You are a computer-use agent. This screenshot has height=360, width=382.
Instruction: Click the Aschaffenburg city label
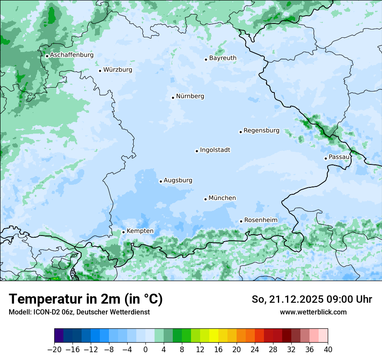click(x=72, y=55)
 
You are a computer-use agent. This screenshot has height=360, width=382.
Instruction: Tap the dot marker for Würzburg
click(x=100, y=71)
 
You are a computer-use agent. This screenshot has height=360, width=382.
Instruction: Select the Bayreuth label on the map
click(x=223, y=58)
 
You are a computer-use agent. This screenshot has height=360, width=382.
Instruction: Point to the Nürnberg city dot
click(x=173, y=98)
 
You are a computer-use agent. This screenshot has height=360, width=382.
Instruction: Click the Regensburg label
click(x=261, y=131)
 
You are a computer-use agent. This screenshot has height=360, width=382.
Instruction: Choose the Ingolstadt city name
click(x=215, y=150)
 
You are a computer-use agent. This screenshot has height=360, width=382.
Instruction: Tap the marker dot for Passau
click(x=326, y=158)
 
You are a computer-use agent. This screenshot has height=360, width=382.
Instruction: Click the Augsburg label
click(x=178, y=180)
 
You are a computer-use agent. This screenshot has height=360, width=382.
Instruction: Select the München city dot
click(x=205, y=199)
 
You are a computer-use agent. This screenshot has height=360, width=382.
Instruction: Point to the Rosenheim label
click(x=260, y=220)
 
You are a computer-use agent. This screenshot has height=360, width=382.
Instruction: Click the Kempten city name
click(x=140, y=231)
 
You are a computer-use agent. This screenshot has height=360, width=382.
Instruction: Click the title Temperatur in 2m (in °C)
click(x=86, y=299)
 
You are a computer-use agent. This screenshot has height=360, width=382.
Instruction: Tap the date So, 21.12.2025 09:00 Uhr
click(x=312, y=299)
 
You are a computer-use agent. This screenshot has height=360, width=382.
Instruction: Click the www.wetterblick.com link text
click(x=313, y=312)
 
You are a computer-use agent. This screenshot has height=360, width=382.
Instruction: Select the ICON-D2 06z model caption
click(x=79, y=312)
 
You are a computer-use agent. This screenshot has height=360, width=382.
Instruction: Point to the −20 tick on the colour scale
click(x=55, y=350)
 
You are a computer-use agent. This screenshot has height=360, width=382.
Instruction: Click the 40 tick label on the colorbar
click(x=328, y=350)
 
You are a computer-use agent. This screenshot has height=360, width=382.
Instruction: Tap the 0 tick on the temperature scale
click(x=145, y=350)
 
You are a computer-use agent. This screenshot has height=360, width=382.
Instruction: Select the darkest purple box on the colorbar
click(x=59, y=336)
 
